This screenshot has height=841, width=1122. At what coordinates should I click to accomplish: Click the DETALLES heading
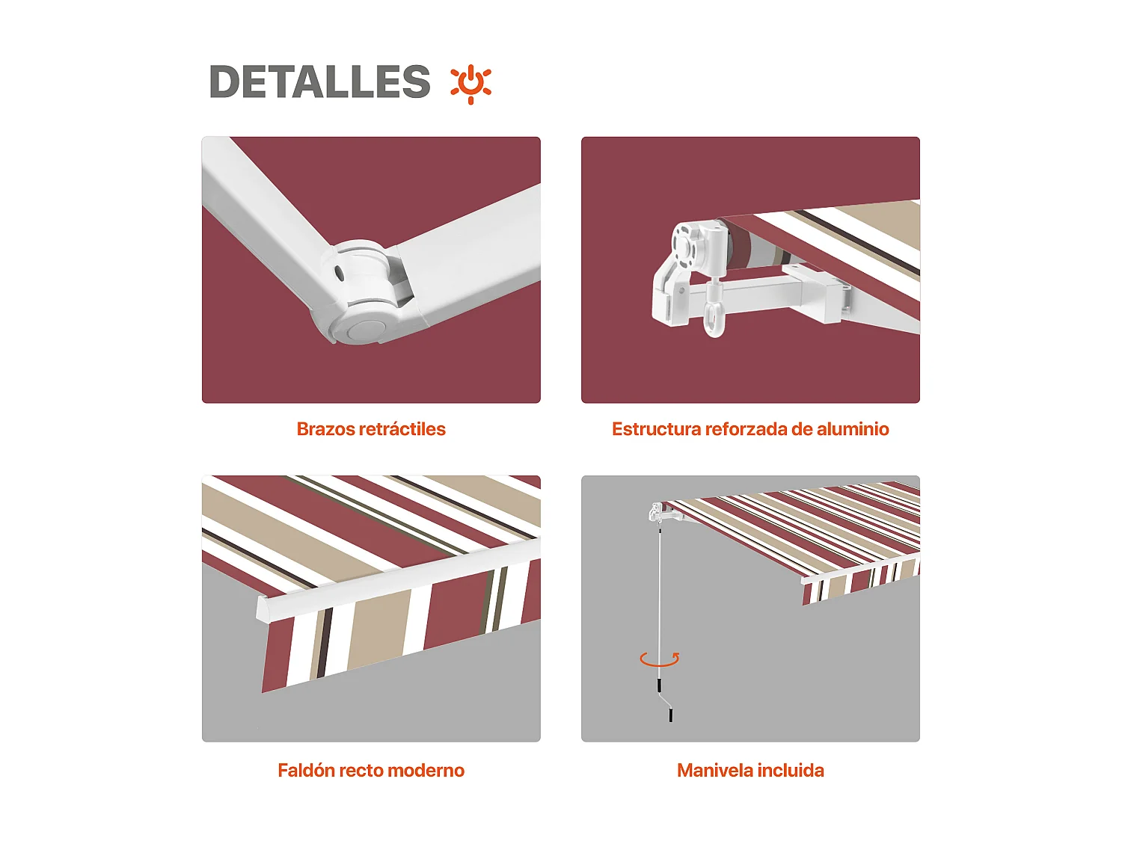pyautogui.click(x=319, y=81)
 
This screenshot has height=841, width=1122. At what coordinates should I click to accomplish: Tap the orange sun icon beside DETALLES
pyautogui.click(x=470, y=83)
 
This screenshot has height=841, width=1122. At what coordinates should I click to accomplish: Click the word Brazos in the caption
pyautogui.click(x=326, y=429)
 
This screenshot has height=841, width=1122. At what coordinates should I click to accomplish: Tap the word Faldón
pyautogui.click(x=306, y=771)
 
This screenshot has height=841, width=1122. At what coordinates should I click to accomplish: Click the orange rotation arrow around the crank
pyautogui.click(x=659, y=659)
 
